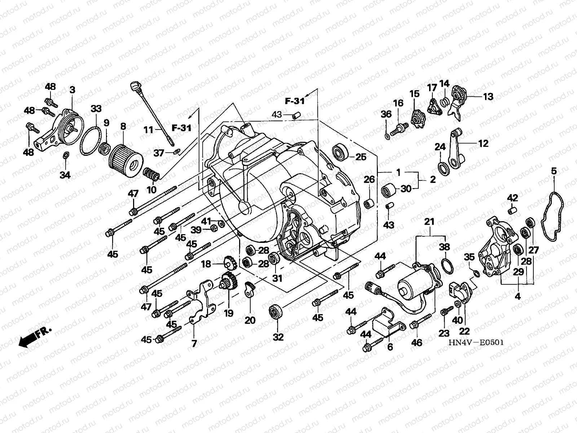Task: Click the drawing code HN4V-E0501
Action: tap(476, 342)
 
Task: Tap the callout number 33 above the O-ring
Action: tap(96, 109)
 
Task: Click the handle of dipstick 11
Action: tap(135, 86)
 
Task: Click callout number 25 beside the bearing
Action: tap(361, 157)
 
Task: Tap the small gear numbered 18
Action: tap(230, 263)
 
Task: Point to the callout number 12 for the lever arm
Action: tap(484, 144)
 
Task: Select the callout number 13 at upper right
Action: tap(488, 97)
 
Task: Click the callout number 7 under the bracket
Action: tap(194, 344)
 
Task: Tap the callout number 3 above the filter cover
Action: tap(72, 90)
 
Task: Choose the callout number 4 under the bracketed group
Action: tap(517, 297)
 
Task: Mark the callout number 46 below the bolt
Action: tap(417, 342)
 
